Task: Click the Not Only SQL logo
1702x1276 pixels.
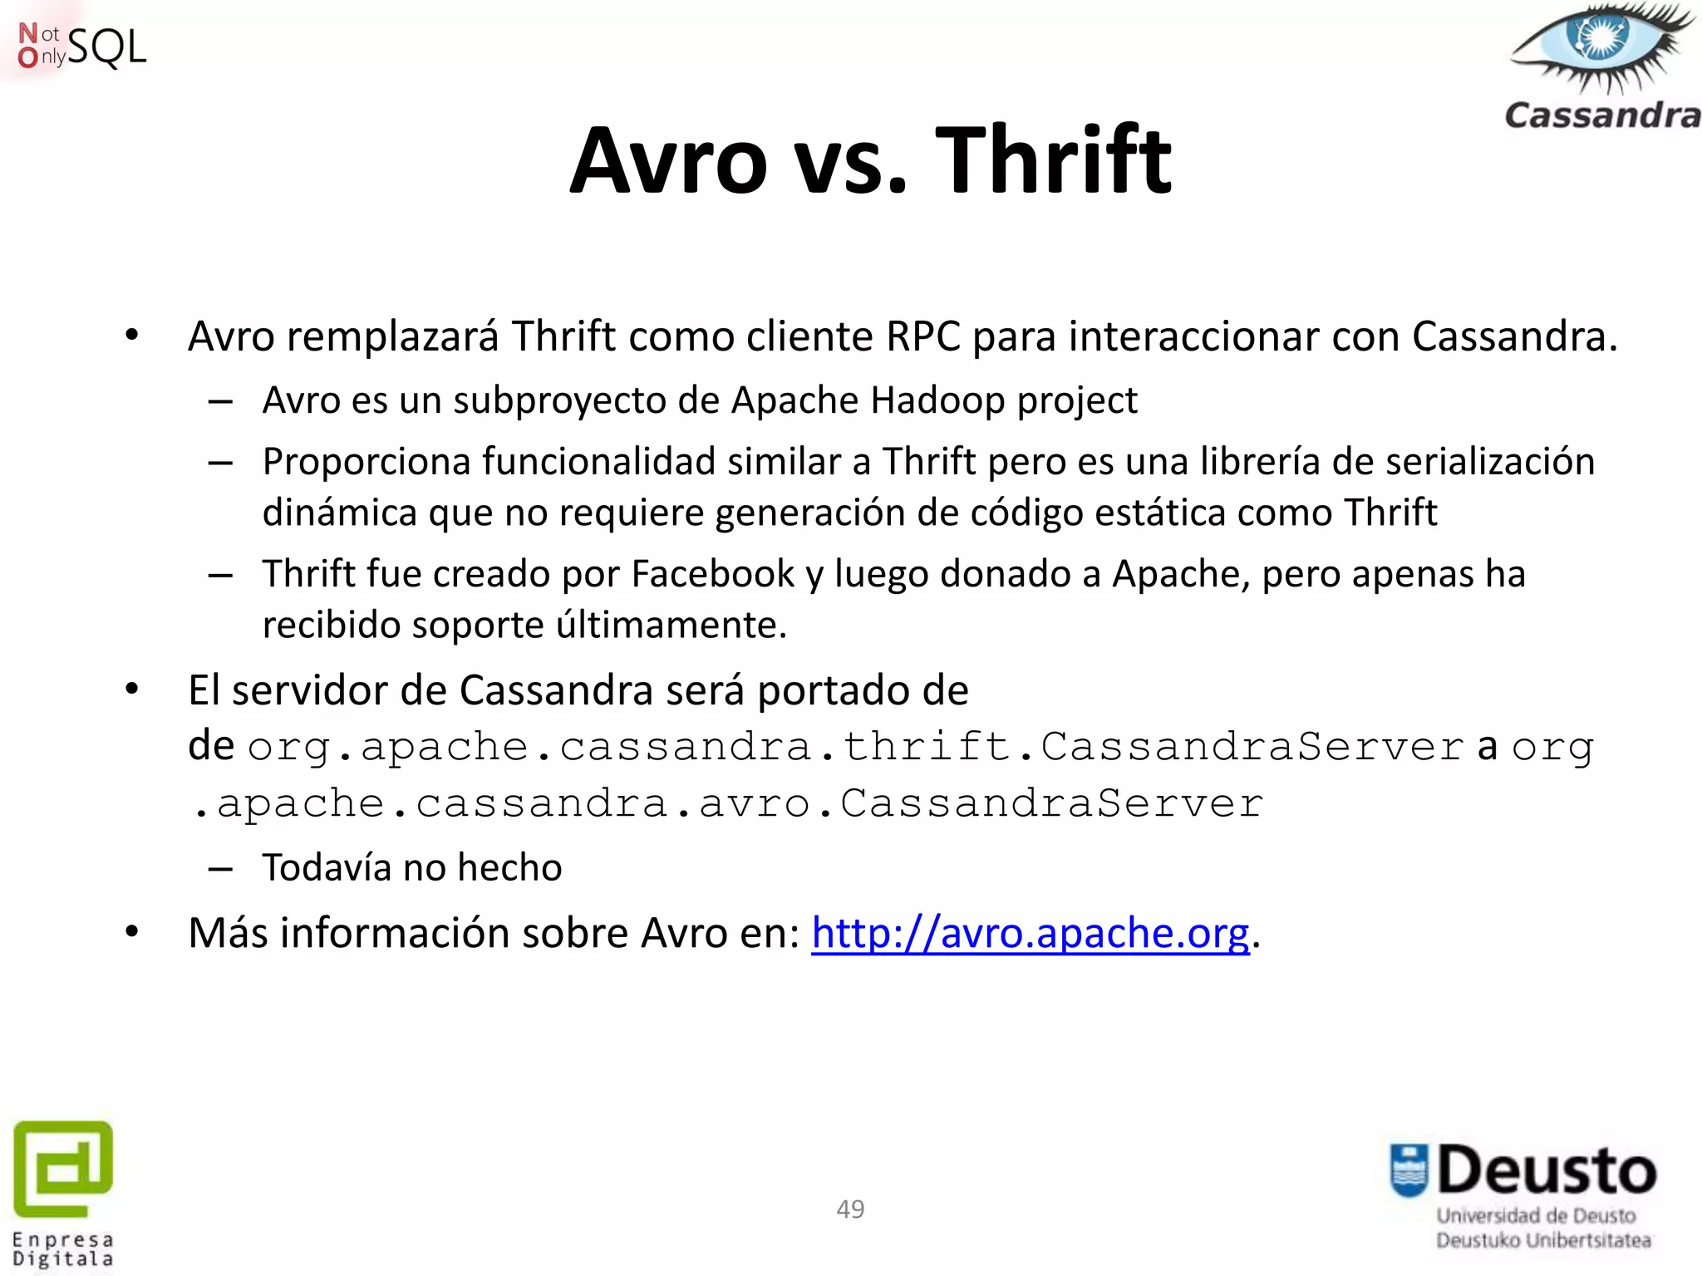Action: (x=81, y=47)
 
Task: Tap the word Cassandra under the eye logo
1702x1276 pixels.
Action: (x=1602, y=115)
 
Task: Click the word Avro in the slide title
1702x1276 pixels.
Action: (x=668, y=159)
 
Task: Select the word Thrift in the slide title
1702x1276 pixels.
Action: (x=1053, y=159)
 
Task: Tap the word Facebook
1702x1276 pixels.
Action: (x=713, y=574)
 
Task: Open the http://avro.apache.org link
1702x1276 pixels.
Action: (x=1030, y=933)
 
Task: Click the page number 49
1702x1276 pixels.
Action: (x=850, y=1209)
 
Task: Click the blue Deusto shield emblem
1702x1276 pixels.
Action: (x=1409, y=1170)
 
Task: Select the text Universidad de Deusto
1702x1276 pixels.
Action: (x=1536, y=1216)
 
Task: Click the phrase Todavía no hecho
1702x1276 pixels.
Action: (x=412, y=868)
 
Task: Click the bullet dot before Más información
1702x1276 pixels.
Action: (x=132, y=932)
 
